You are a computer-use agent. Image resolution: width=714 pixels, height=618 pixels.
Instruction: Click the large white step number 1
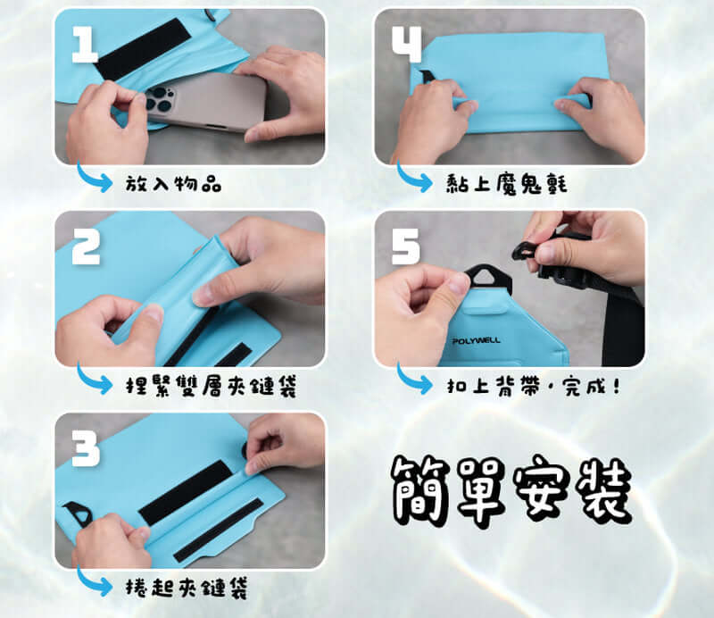pyautogui.click(x=85, y=45)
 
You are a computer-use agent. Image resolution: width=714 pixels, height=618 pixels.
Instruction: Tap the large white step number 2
pyautogui.click(x=86, y=246)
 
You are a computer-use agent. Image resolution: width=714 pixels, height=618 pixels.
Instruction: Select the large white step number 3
pyautogui.click(x=86, y=448)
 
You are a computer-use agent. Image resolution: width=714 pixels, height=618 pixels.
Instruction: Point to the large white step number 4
pyautogui.click(x=407, y=44)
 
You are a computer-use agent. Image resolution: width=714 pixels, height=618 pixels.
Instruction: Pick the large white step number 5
pyautogui.click(x=406, y=246)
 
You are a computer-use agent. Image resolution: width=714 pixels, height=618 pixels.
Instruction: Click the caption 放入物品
pyautogui.click(x=173, y=184)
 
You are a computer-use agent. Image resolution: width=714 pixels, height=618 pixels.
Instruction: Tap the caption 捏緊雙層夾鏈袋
pyautogui.click(x=211, y=387)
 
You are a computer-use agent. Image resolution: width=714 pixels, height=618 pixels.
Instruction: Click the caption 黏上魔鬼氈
pyautogui.click(x=506, y=184)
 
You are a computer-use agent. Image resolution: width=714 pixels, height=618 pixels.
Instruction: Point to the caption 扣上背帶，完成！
pyautogui.click(x=533, y=387)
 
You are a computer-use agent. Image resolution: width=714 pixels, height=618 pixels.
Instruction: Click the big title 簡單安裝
pyautogui.click(x=511, y=490)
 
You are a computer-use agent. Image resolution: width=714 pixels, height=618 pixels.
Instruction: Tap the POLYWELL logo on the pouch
pyautogui.click(x=476, y=340)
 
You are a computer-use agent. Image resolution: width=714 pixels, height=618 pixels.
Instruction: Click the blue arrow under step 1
pyautogui.click(x=94, y=178)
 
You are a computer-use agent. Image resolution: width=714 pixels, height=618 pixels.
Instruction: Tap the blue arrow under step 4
pyautogui.click(x=413, y=178)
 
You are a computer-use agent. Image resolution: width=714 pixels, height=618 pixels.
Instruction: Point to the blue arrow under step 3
pyautogui.click(x=94, y=581)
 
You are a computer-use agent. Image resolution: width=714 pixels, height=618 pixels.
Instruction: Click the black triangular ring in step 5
pyautogui.click(x=488, y=278)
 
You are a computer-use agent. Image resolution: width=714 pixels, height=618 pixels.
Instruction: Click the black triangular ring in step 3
pyautogui.click(x=79, y=514)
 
